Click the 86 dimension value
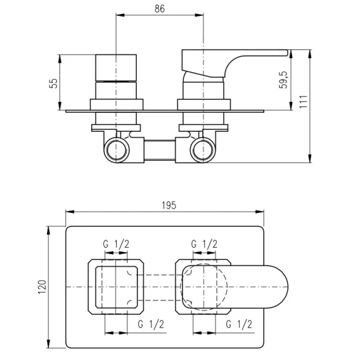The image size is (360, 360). pyautogui.click(x=160, y=9)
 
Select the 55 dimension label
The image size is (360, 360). pyautogui.click(x=53, y=83)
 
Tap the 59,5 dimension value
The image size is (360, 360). pyautogui.click(x=283, y=80)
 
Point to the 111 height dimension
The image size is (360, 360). pyautogui.click(x=304, y=101)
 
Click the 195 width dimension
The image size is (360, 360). pyautogui.click(x=169, y=205)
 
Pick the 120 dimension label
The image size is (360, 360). pyautogui.click(x=42, y=286)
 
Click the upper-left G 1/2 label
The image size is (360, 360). pyautogui.click(x=116, y=244)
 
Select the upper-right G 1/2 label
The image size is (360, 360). pyautogui.click(x=204, y=244)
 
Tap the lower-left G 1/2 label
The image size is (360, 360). pyautogui.click(x=151, y=324)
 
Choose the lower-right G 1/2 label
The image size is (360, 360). pyautogui.click(x=239, y=324)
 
